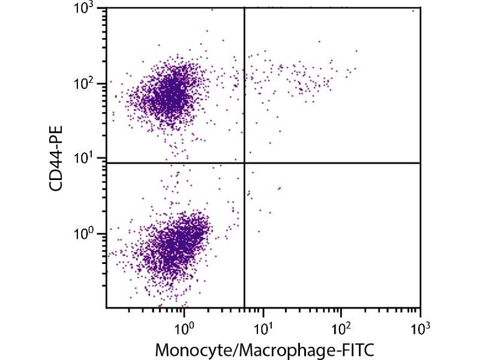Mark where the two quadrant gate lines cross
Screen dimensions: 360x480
(244, 163)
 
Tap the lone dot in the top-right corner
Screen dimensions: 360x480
(413, 11)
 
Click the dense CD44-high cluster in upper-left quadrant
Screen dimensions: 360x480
(171, 90)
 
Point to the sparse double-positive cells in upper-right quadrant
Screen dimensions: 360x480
(300, 78)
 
